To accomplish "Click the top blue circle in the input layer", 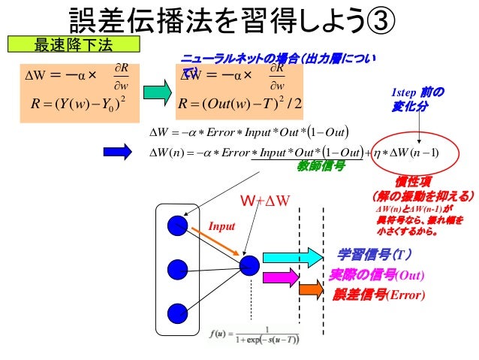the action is (178, 224).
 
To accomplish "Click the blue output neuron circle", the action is (249, 265).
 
